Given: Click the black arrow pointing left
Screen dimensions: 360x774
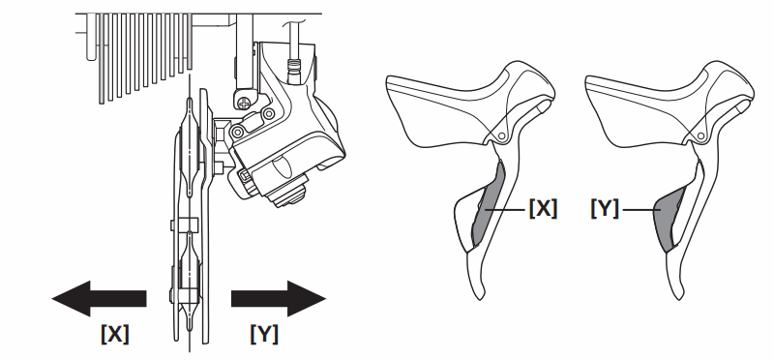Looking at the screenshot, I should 97,296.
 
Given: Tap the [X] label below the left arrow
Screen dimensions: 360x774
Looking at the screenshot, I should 114,334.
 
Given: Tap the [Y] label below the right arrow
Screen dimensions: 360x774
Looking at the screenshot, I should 263,334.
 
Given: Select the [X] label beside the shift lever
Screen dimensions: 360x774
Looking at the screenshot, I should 543,207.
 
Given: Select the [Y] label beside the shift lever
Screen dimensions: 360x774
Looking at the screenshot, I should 605,207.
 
